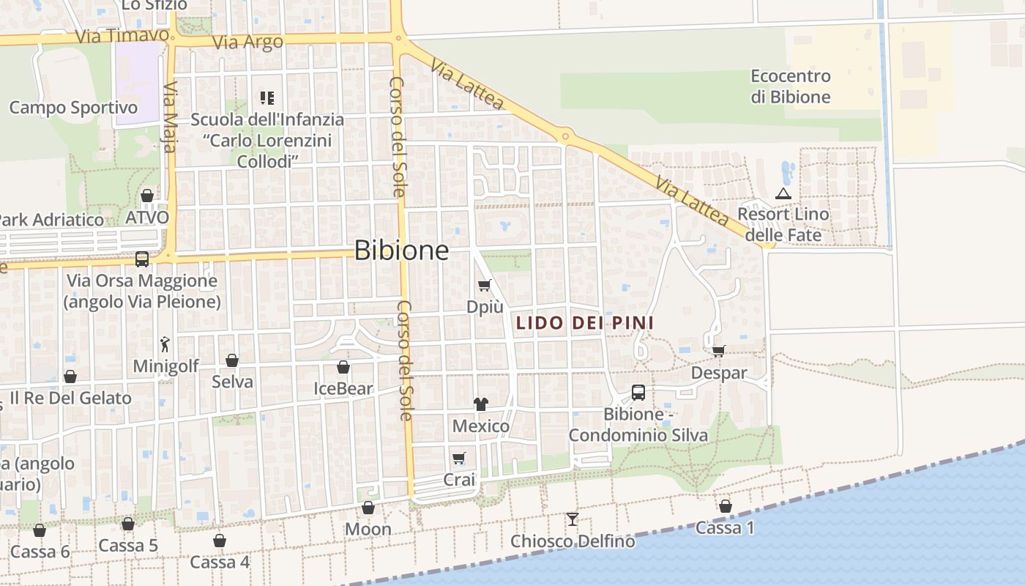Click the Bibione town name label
[x=401, y=251]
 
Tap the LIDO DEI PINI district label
[x=585, y=322]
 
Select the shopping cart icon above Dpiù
[x=484, y=285]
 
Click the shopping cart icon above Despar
[x=719, y=351]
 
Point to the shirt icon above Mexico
[x=481, y=404]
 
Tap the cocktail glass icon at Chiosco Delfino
[x=573, y=519]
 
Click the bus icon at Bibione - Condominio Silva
[x=638, y=393]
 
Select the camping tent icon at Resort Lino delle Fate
[x=783, y=194]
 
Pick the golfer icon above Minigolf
[x=165, y=344]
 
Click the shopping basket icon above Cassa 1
[x=725, y=506]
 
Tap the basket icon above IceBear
[x=343, y=367]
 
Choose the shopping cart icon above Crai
[x=459, y=459]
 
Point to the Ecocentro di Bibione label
[x=791, y=86]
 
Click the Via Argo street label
[x=247, y=42]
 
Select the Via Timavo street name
[x=122, y=36]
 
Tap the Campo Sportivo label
[x=73, y=108]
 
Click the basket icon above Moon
[x=368, y=508]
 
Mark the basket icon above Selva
[x=232, y=360]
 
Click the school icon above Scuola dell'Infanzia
[x=267, y=97]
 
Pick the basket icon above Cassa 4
[x=220, y=541]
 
